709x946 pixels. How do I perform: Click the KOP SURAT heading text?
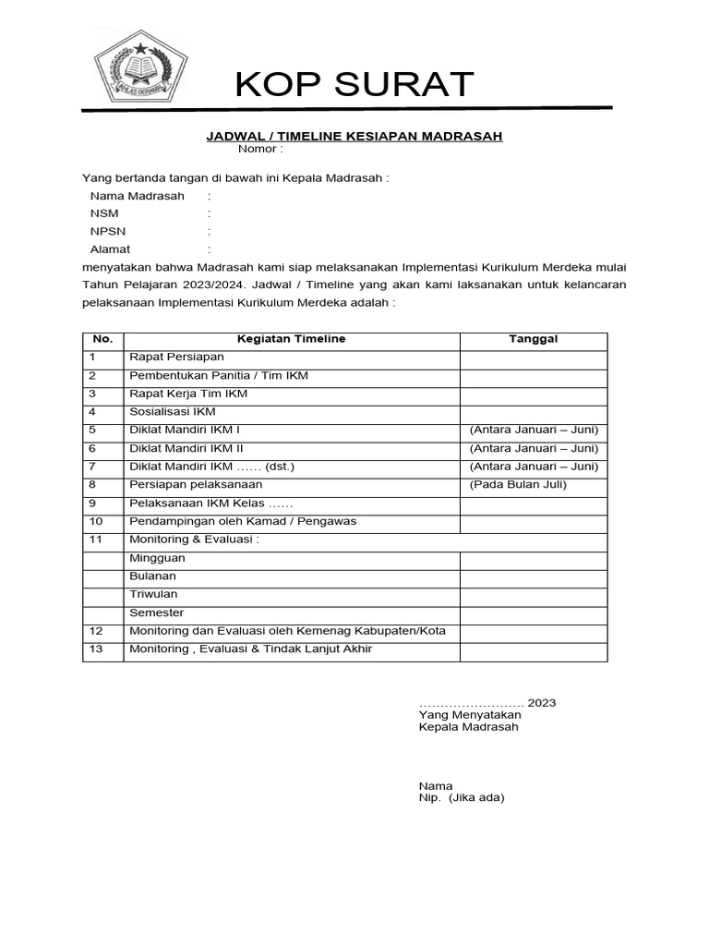[354, 84]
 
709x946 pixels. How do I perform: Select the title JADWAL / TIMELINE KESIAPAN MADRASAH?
[354, 137]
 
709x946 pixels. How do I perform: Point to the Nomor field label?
[260, 149]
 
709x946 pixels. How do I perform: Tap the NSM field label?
[104, 213]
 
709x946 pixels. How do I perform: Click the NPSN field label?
[108, 231]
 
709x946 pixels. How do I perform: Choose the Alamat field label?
[110, 249]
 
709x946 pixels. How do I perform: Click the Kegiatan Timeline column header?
[292, 339]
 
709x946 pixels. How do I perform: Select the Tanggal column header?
[534, 339]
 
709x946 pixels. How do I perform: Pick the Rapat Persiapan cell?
[177, 357]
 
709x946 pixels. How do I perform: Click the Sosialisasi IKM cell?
[173, 412]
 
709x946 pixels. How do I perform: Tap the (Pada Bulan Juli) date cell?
[518, 484]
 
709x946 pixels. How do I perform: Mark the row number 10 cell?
[96, 521]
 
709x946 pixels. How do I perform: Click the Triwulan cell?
[154, 594]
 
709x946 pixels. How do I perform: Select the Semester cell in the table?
[157, 612]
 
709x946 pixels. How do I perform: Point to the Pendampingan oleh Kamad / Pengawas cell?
[243, 521]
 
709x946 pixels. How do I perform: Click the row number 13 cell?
[96, 649]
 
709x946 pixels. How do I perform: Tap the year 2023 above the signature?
[542, 703]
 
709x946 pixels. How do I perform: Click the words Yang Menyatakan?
[470, 715]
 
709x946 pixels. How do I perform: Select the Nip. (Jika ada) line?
[462, 797]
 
